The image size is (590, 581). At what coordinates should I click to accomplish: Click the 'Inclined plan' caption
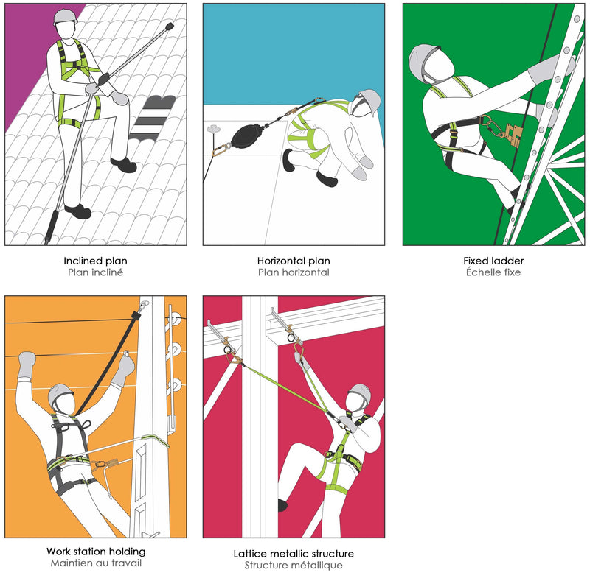(95, 261)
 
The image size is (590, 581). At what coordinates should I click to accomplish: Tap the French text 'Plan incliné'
(95, 272)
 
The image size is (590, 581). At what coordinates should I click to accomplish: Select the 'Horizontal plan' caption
(294, 261)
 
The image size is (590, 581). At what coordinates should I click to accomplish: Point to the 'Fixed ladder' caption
(493, 261)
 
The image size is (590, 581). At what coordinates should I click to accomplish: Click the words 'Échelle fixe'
(493, 272)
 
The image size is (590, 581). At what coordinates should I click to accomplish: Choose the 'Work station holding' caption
(96, 552)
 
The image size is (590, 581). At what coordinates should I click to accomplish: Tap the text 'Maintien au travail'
(96, 563)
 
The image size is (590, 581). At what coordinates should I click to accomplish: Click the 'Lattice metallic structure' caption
(294, 554)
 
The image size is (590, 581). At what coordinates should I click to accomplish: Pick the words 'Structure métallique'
(294, 566)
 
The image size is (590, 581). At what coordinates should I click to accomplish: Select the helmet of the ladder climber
(423, 61)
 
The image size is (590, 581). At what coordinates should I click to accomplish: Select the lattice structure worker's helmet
(360, 392)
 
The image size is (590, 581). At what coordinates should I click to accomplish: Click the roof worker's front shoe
(123, 165)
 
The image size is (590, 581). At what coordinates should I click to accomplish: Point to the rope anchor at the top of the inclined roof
(170, 27)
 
